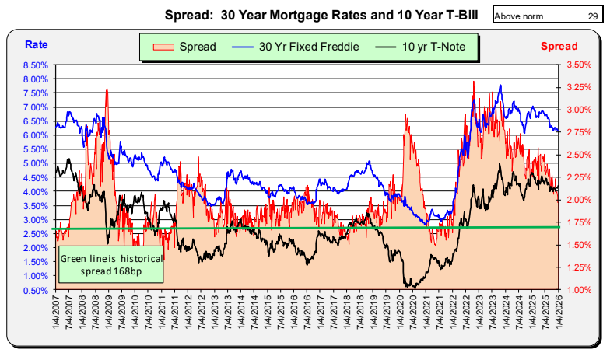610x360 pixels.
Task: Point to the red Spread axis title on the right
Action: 559,47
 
